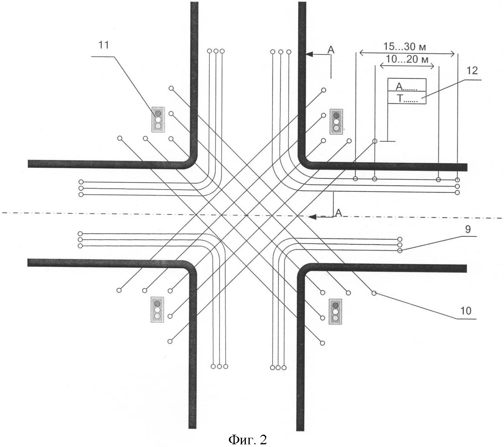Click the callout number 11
(x=103, y=45)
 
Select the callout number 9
(x=467, y=230)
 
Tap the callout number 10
(x=466, y=311)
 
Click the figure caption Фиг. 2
(x=247, y=439)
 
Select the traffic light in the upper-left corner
(x=158, y=120)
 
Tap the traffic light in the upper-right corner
(x=336, y=122)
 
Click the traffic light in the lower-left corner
(x=157, y=309)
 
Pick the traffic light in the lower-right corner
(x=335, y=311)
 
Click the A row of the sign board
(x=407, y=85)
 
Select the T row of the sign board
(x=407, y=98)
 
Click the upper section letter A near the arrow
(x=330, y=49)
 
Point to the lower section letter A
(x=339, y=212)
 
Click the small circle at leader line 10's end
(x=374, y=294)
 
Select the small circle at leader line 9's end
(x=400, y=251)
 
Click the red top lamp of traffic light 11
(x=158, y=113)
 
